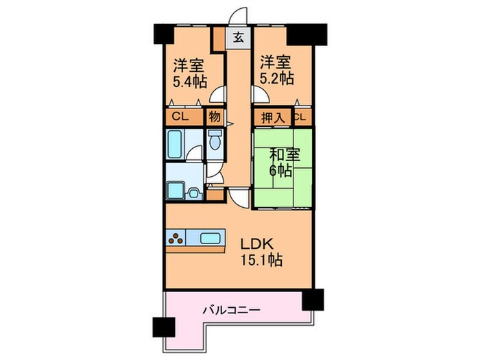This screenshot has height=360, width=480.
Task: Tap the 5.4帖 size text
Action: tap(190, 82)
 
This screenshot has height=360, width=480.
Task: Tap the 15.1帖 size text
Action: tap(261, 261)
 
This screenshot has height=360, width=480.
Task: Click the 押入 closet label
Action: tap(272, 117)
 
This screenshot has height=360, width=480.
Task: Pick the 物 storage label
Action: tap(214, 117)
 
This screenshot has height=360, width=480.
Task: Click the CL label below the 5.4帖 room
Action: tap(180, 117)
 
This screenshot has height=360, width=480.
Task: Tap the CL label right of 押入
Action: tap(300, 117)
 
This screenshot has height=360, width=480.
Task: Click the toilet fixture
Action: tap(215, 141)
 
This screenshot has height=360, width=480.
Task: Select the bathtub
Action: tap(175, 143)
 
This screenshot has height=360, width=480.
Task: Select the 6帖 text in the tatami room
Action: tap(277, 170)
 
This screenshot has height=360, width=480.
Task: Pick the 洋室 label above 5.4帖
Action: tap(187, 66)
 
